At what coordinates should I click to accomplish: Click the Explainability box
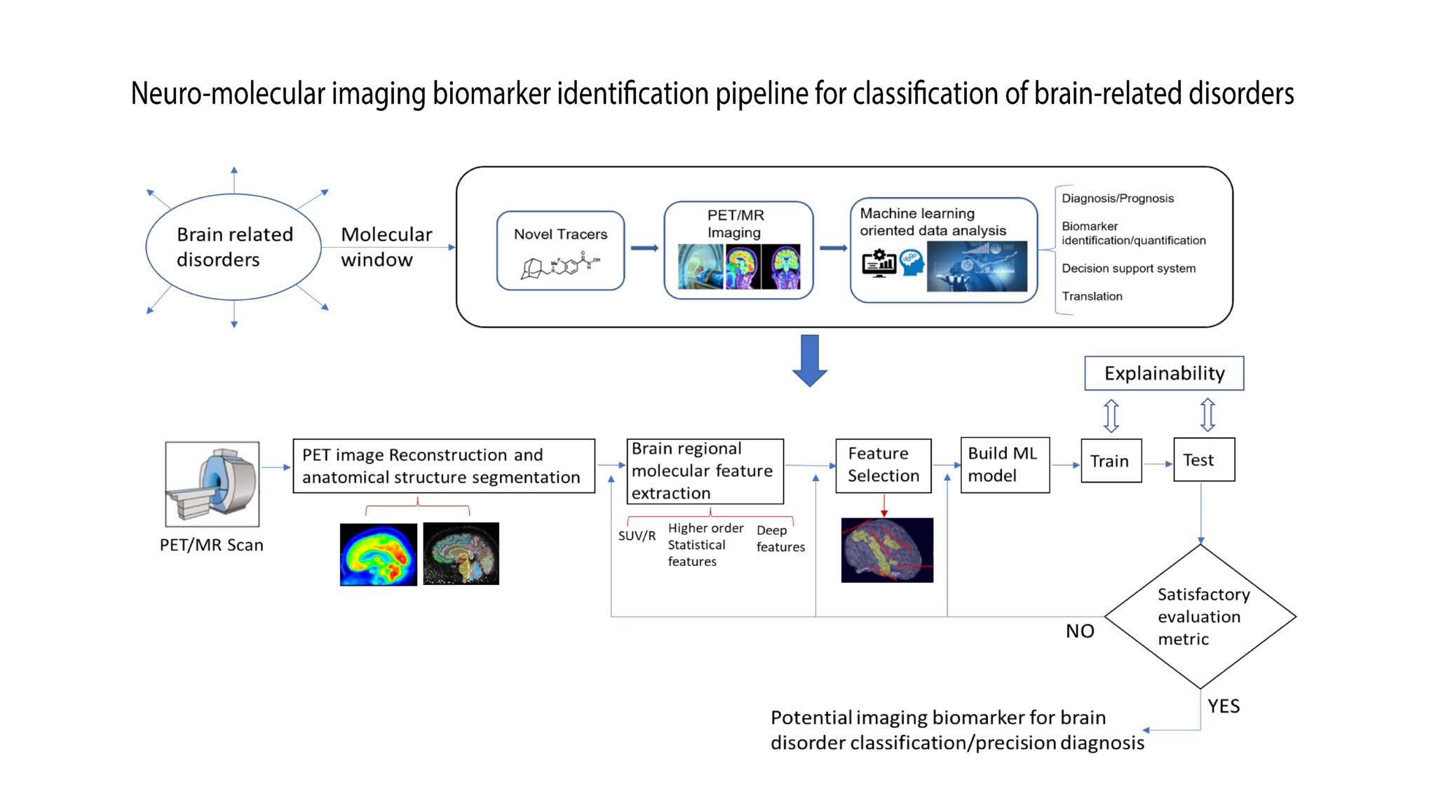[1163, 373]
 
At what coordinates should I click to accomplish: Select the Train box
[1111, 461]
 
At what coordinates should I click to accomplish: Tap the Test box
[1203, 460]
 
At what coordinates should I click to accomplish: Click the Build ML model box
[1004, 464]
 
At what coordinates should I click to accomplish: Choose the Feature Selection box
[883, 465]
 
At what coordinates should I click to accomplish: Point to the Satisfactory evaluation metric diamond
[1200, 617]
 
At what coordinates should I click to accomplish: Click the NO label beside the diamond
[1079, 631]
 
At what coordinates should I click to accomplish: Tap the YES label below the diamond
[1223, 706]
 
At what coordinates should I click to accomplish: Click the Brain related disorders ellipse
[233, 247]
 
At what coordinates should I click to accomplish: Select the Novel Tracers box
[560, 250]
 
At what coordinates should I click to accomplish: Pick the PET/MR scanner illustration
[212, 484]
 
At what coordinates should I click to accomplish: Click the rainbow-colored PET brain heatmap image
[378, 554]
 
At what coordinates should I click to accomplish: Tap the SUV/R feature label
[637, 536]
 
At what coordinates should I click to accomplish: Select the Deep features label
[780, 539]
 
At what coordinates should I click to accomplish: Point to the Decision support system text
[1128, 269]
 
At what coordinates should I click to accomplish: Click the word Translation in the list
[1092, 297]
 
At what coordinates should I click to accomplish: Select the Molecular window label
[386, 247]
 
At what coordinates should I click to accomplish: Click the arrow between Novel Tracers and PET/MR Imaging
[644, 248]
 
